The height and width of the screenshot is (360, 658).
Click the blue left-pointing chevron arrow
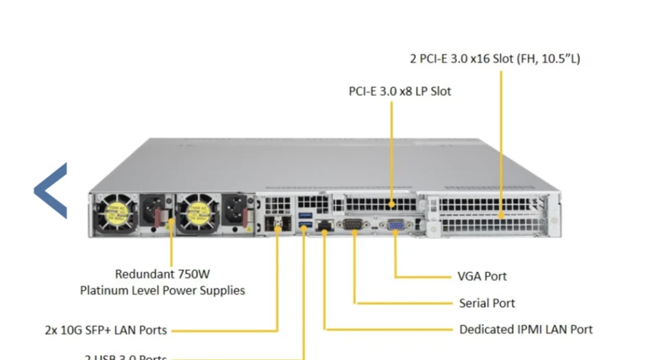51,191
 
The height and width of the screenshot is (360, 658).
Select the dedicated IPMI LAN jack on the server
323,226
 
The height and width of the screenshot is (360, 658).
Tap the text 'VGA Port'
482,276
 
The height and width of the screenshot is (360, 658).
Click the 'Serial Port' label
487,303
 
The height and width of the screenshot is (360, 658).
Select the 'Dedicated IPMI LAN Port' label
526,330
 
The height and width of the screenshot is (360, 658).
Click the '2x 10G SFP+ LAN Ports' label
106,330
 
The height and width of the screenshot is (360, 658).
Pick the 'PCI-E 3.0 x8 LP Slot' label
400,91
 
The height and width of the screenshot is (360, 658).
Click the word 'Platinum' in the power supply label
106,290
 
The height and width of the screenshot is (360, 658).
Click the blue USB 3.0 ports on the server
304,221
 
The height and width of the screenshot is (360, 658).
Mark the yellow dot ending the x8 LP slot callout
392,204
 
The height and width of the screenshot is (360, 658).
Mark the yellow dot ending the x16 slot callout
501,215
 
